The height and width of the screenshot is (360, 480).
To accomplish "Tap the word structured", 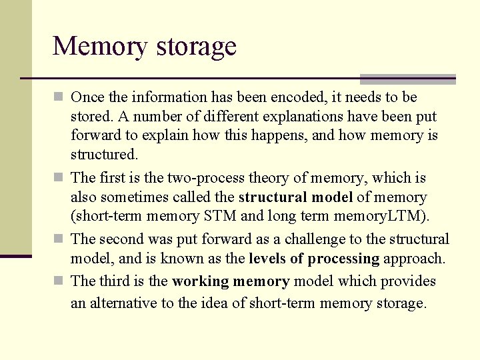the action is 103,155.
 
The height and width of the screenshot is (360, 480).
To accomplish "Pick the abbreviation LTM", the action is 409,217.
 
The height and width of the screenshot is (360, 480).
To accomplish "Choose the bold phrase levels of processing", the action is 313,259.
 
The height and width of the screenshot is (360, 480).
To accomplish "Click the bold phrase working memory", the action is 231,281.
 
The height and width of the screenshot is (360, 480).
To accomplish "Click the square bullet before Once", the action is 59,97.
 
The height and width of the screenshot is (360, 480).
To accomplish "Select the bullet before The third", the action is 59,281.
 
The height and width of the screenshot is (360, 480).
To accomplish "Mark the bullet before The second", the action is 59,239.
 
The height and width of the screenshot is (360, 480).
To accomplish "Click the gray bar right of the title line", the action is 407,79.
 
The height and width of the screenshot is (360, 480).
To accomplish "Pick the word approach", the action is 413,259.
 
